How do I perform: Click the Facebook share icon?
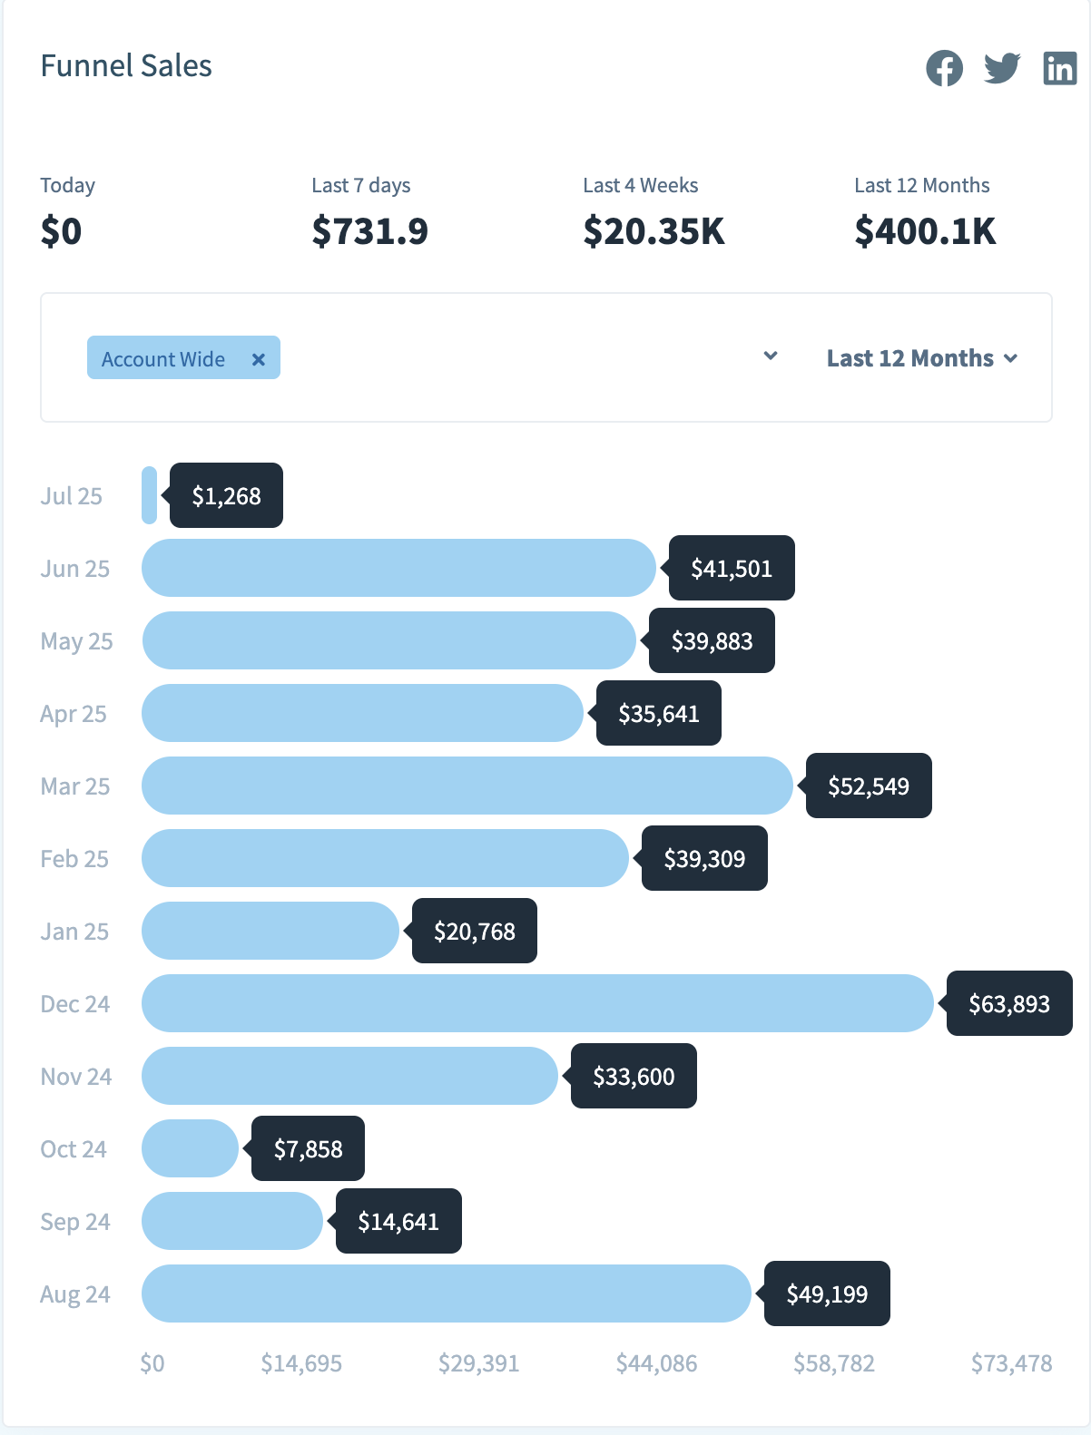(944, 68)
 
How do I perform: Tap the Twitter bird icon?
(1002, 68)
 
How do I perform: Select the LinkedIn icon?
(1059, 68)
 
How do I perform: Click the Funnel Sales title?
(126, 66)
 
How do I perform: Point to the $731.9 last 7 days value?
(369, 231)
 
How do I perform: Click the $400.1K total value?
(925, 231)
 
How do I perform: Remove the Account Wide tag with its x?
(259, 359)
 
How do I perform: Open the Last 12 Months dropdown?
(921, 358)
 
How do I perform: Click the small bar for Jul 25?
(150, 495)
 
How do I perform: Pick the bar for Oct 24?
(190, 1148)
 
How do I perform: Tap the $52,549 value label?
(869, 786)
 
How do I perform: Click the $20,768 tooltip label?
(475, 931)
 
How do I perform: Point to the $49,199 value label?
(827, 1293)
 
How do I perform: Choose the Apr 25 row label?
(74, 714)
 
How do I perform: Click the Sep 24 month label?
(75, 1222)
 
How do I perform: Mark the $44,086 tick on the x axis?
(656, 1363)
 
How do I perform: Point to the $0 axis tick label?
(152, 1363)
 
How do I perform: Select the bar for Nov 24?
(349, 1076)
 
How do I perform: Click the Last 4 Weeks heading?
(640, 185)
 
